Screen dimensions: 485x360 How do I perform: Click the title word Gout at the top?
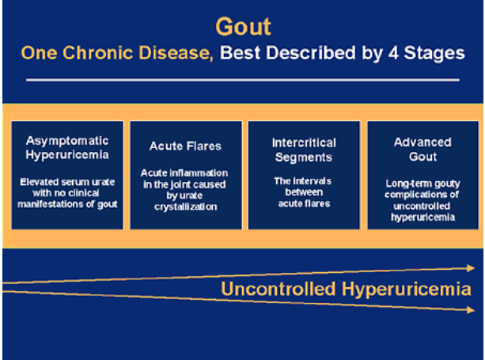click(x=243, y=27)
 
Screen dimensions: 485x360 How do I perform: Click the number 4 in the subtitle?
click(x=392, y=53)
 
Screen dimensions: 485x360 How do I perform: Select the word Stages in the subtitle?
click(x=434, y=53)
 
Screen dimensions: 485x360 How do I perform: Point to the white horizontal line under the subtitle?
click(x=243, y=80)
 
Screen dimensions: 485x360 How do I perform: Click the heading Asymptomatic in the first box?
click(x=67, y=141)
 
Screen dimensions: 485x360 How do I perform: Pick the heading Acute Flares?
click(x=185, y=146)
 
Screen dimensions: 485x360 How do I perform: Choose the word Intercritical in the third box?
click(x=304, y=143)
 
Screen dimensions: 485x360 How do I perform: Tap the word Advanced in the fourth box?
click(x=422, y=142)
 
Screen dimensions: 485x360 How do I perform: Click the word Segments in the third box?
click(x=304, y=157)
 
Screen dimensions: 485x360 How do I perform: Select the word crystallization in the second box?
click(x=186, y=207)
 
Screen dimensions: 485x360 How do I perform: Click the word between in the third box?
click(x=304, y=192)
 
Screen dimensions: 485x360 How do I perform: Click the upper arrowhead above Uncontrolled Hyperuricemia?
click(x=471, y=268)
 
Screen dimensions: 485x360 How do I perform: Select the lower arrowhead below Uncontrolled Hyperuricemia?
click(x=471, y=310)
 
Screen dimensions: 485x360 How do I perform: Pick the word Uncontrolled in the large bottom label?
click(x=278, y=289)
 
